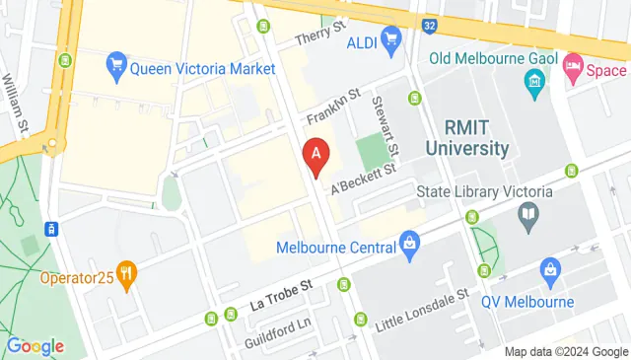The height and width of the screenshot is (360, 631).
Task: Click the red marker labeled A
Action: click(316, 156)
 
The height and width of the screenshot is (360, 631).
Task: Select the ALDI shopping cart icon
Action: click(392, 38)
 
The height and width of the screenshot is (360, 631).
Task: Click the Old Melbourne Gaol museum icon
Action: click(534, 79)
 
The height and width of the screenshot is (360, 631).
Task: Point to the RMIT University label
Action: click(468, 137)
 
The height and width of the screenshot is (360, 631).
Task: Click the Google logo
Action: click(35, 346)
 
